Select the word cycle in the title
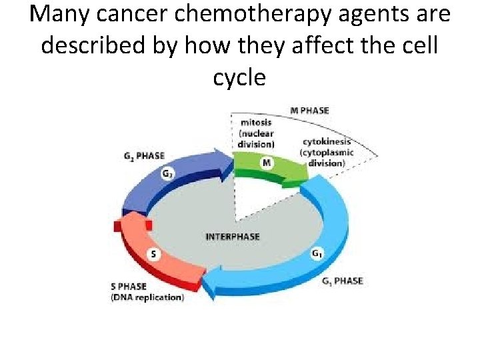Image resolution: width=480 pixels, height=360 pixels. pyautogui.click(x=239, y=77)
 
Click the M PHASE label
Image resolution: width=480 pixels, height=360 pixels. pyautogui.click(x=309, y=110)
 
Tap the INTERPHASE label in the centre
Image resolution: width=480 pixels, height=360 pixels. pyautogui.click(x=233, y=237)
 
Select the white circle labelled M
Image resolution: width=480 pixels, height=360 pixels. pyautogui.click(x=265, y=162)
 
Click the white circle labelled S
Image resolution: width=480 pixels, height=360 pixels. pyautogui.click(x=155, y=255)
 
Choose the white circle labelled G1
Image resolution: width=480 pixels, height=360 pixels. pyautogui.click(x=317, y=254)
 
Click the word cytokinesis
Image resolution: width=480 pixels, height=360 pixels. pyautogui.click(x=326, y=142)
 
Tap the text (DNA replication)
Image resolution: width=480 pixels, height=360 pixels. pyautogui.click(x=147, y=297)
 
